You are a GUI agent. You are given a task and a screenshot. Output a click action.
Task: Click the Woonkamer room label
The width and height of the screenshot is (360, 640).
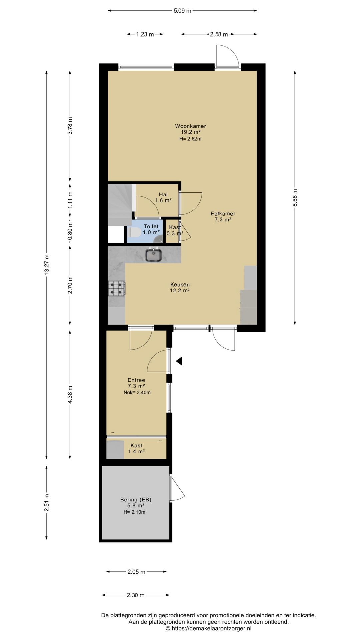tap(191, 126)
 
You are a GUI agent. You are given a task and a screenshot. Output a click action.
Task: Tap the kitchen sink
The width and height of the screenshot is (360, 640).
tap(153, 255)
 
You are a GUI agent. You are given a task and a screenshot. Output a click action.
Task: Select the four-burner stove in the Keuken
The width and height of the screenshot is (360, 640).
tap(117, 288)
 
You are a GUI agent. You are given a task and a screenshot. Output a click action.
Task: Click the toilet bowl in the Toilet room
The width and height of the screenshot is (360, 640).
tap(133, 231)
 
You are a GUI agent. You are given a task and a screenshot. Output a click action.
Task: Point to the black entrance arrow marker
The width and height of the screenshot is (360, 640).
tap(179, 361)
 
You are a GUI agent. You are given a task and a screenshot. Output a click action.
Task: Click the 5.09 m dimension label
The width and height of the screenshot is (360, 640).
tap(182, 11)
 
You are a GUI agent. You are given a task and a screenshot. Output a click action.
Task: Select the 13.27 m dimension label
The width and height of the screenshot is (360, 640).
tap(47, 264)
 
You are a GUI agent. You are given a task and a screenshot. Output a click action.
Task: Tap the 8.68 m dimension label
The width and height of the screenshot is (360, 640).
tap(295, 198)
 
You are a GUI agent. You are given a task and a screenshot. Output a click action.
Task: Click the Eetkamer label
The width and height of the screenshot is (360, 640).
tap(223, 214)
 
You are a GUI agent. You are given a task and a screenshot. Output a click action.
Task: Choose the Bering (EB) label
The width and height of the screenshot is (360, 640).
tap(136, 499)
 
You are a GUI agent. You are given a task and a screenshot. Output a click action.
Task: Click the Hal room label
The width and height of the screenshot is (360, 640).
tap(163, 194)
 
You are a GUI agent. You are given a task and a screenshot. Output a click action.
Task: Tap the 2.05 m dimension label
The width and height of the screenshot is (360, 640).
tap(136, 572)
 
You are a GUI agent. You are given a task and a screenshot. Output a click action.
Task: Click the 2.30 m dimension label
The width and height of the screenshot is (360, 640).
tap(136, 595)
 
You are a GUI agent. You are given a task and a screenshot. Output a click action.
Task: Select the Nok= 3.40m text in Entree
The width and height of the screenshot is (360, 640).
tap(137, 392)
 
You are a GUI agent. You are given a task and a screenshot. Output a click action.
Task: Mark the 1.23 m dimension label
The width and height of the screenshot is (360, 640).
tap(145, 34)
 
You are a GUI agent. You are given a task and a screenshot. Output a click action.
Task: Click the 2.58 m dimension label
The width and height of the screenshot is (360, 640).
tap(219, 34)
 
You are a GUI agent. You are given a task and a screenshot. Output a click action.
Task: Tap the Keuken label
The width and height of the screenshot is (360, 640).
tap(180, 284)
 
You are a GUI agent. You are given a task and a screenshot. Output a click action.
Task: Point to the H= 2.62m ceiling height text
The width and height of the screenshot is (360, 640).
tap(190, 139)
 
